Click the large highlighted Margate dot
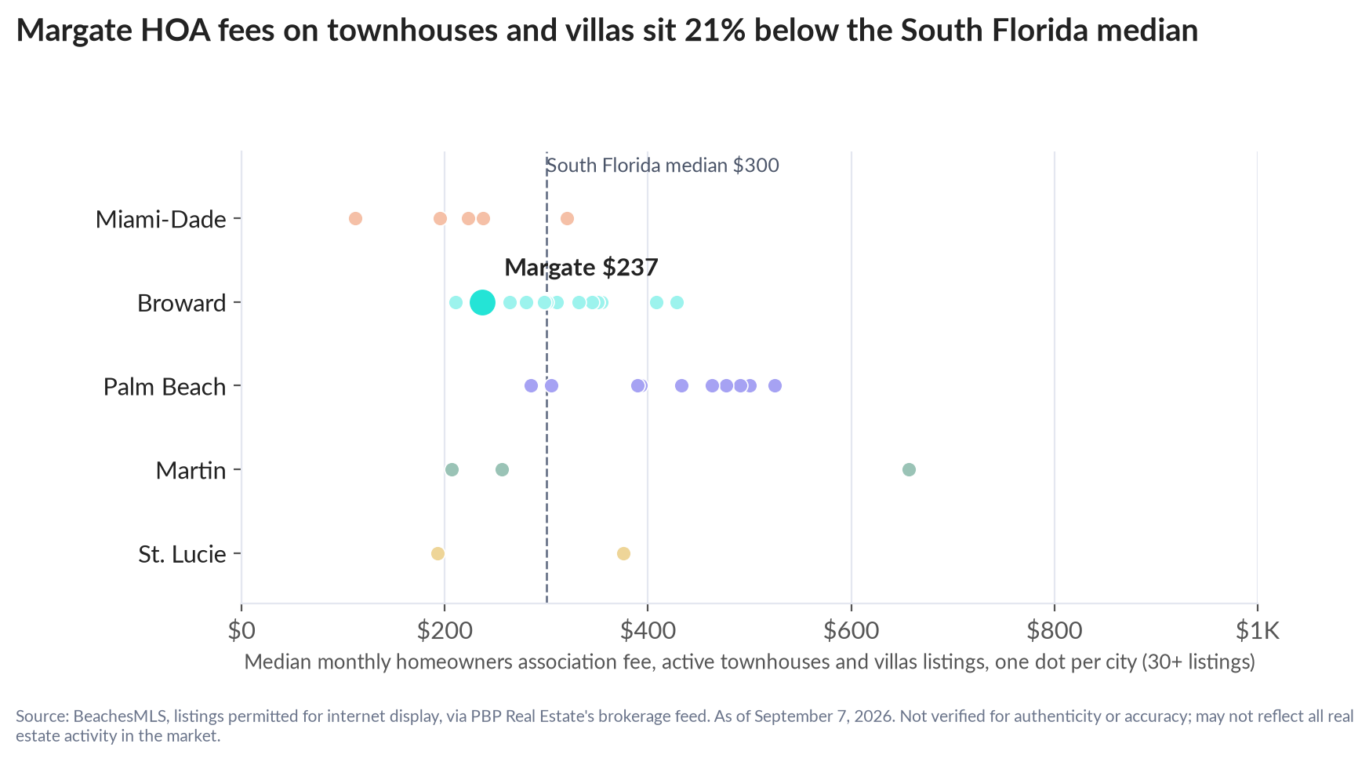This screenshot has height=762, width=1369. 482,302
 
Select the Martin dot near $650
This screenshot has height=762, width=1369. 909,469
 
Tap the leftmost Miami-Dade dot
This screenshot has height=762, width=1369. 355,218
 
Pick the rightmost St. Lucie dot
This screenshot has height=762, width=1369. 623,553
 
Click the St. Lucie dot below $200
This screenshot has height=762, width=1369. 438,553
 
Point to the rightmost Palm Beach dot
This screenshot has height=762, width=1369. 775,385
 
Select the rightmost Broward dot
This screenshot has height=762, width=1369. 677,302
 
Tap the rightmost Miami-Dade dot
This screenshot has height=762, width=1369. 567,218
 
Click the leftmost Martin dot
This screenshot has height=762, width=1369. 452,469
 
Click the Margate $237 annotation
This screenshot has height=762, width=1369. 581,268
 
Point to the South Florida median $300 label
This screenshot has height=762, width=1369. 663,166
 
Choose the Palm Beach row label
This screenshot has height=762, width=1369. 165,386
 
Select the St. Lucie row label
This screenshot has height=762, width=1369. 182,554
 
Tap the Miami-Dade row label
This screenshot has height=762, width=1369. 161,219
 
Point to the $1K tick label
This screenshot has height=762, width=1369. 1258,630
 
